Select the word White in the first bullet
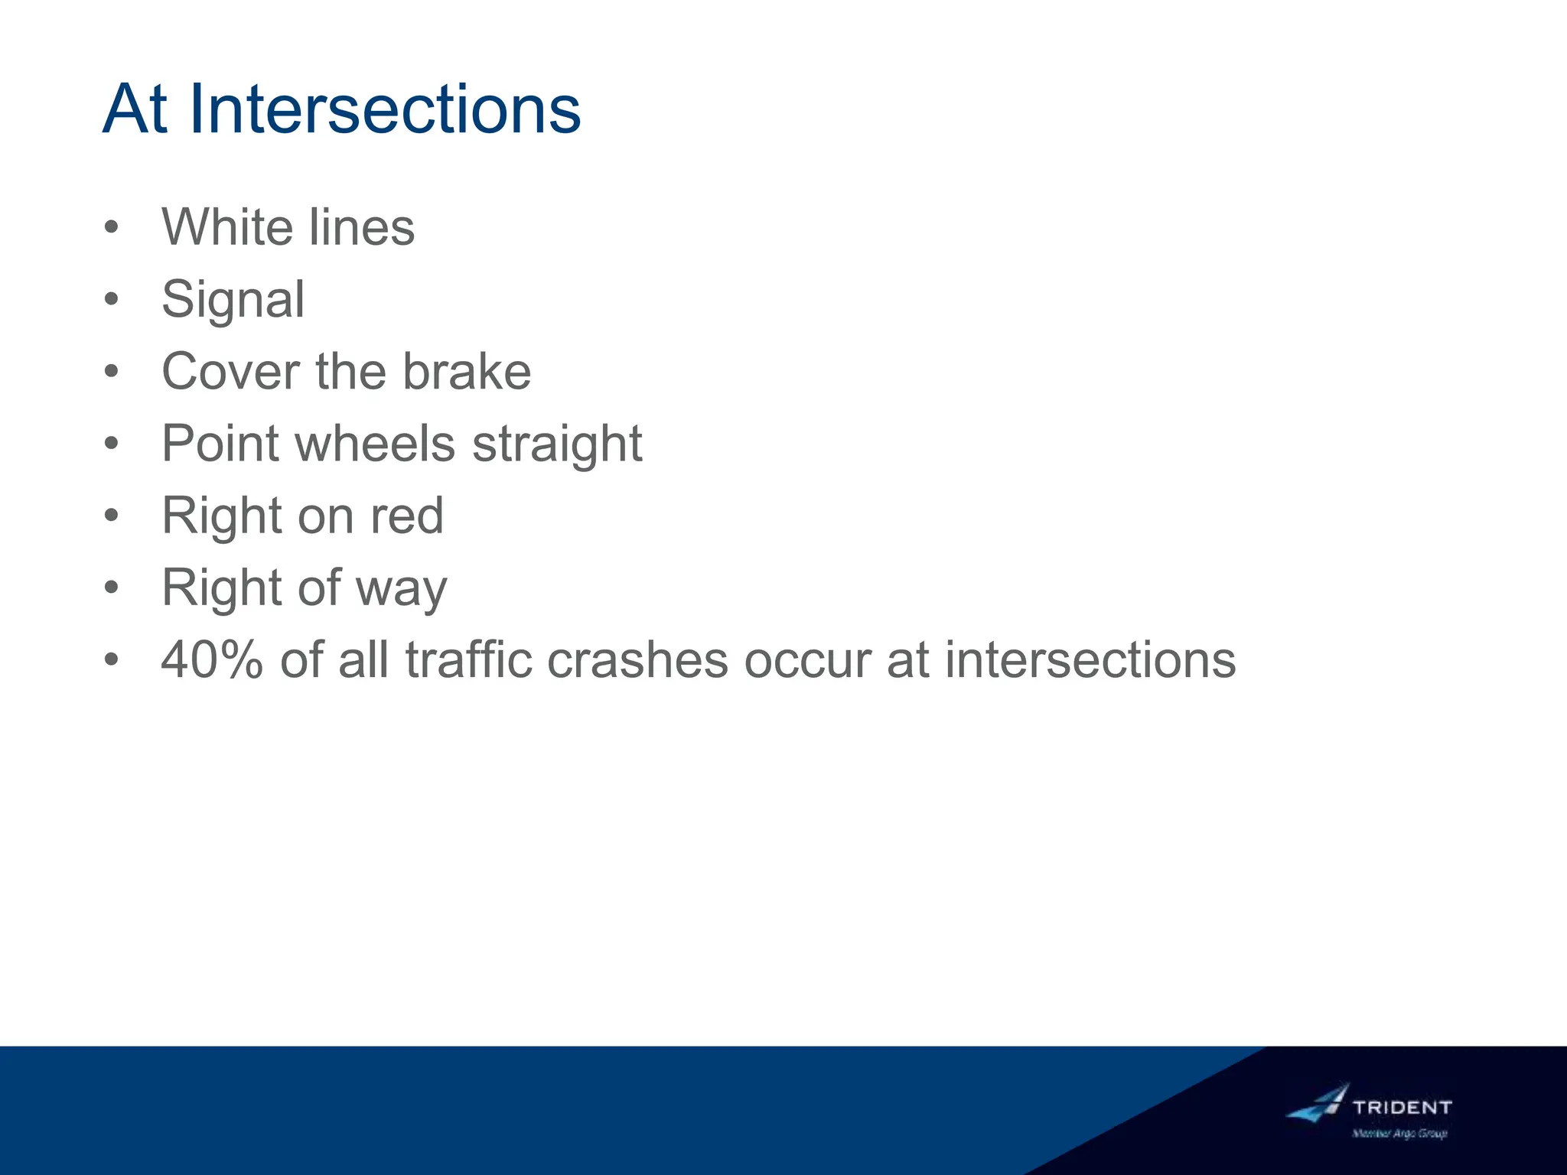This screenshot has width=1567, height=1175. pos(227,227)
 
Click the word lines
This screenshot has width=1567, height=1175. pos(361,227)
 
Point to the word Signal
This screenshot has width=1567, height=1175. pos(233,300)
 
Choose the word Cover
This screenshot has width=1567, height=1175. pos(230,372)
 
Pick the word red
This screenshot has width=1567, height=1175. pos(407,516)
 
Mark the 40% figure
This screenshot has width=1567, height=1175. pos(212,659)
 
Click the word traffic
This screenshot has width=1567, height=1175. pos(468,659)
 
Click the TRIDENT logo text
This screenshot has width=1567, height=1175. pos(1402,1107)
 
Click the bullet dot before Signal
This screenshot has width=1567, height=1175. pos(112,300)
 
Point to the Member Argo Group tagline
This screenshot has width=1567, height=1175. pos(1399,1134)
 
